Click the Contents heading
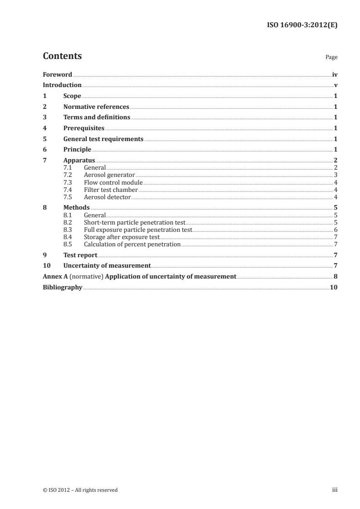pos(62,56)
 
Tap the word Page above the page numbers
pos(331,58)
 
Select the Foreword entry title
pos(57,74)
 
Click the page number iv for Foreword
pos(335,74)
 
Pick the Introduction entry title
pos(62,85)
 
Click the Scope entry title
pos(72,96)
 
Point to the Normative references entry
pos(96,107)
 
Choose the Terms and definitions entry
pos(97,117)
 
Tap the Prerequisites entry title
pos(84,128)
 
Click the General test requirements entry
pos(104,139)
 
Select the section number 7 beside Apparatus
pos(44,161)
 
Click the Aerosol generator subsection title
pos(109,175)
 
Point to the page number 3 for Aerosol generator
pos(335,175)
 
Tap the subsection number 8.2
pos(68,223)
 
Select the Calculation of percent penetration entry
pos(132,245)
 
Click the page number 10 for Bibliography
pos(334,288)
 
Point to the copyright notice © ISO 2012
pos(80,490)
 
